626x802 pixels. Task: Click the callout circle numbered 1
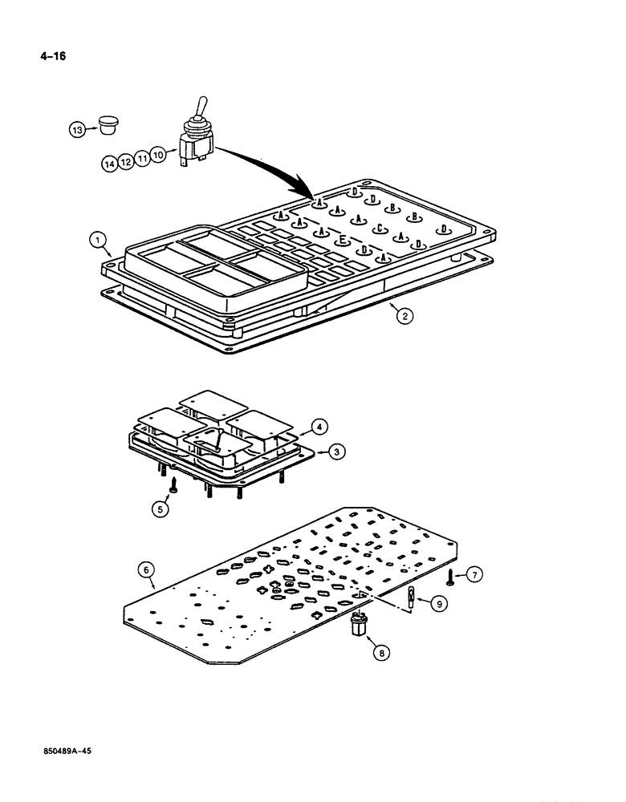[x=96, y=238]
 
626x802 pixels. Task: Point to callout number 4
[x=318, y=426]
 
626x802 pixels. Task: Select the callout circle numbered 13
[x=75, y=128]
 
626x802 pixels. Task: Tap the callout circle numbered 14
[x=110, y=164]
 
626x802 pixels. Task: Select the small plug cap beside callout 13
[x=105, y=124]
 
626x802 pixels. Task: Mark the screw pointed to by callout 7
[x=453, y=577]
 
